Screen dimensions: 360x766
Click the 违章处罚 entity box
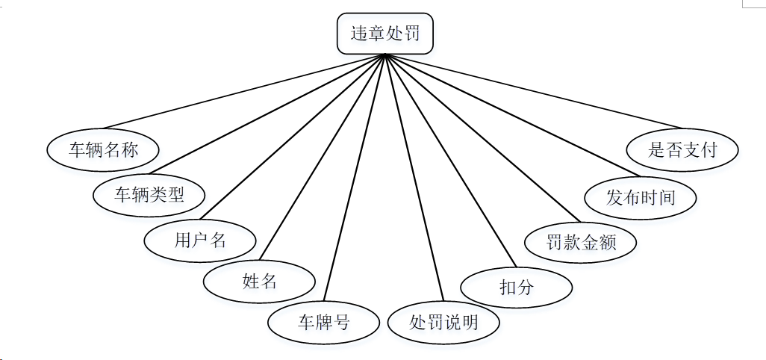point(384,34)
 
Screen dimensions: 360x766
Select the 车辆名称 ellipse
point(104,150)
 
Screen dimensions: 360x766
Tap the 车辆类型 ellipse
point(149,195)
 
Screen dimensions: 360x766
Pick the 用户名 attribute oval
point(200,240)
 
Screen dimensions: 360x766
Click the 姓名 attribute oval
point(260,282)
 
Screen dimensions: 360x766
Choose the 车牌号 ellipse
point(324,323)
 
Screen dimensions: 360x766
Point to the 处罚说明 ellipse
point(443,323)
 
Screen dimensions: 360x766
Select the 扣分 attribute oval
point(516,287)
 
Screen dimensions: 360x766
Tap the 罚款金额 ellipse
point(581,242)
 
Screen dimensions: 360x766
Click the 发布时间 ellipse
point(641,197)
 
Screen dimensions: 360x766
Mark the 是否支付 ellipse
point(682,149)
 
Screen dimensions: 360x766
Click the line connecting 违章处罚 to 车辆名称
point(244,92)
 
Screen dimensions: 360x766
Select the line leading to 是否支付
point(533,91)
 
